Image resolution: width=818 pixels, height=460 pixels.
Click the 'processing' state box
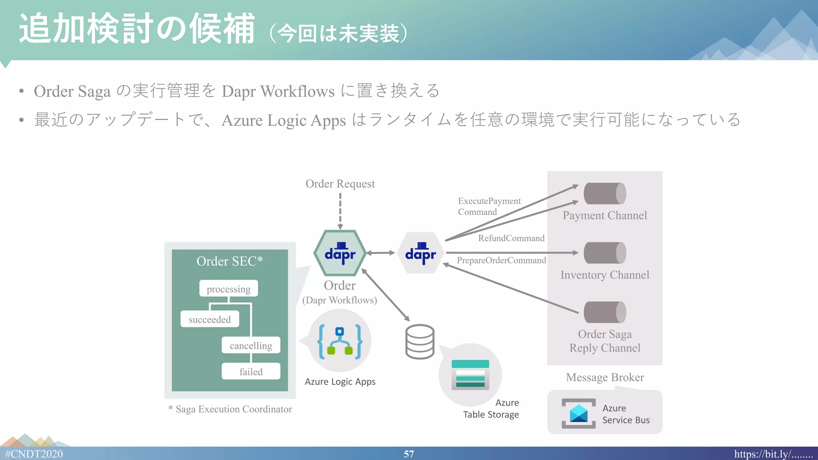point(228,289)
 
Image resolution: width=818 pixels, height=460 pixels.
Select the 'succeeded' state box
point(210,319)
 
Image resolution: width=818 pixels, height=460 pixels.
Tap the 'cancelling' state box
point(251,345)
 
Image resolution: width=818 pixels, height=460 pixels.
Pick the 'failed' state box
point(251,371)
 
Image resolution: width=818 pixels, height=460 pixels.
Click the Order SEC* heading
point(230,261)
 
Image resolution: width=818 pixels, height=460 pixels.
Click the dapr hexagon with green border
point(340,253)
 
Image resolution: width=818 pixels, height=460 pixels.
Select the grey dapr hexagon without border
point(421,253)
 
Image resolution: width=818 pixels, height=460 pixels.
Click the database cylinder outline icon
point(420,341)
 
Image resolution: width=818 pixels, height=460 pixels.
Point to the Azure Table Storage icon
point(470,375)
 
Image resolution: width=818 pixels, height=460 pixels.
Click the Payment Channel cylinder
point(605,194)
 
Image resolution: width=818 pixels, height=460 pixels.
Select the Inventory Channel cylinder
point(605,253)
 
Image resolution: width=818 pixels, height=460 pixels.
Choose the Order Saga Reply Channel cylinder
point(605,312)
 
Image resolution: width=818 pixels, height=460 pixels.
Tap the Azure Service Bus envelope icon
point(579,413)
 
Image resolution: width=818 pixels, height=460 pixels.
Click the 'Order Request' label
point(340,184)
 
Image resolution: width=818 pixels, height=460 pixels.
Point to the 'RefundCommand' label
point(511,238)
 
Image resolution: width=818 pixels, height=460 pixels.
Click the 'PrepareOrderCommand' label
point(501,260)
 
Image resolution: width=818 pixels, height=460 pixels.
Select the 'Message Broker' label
point(605,377)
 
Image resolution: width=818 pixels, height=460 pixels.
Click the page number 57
point(409,454)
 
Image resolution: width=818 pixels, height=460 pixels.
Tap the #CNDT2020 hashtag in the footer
point(34,454)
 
